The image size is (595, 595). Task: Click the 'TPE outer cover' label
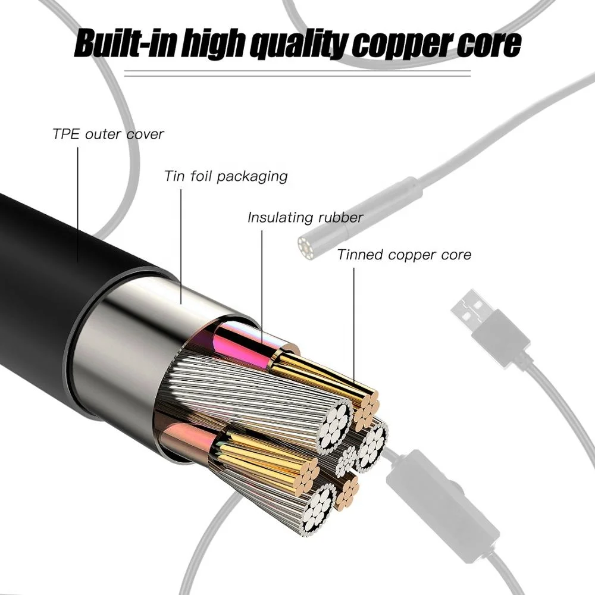[108, 133]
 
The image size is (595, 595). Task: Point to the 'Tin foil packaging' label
[226, 176]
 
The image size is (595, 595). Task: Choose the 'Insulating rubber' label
[305, 217]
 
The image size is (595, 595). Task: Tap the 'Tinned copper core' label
[404, 255]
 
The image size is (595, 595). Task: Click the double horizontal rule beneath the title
[297, 74]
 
